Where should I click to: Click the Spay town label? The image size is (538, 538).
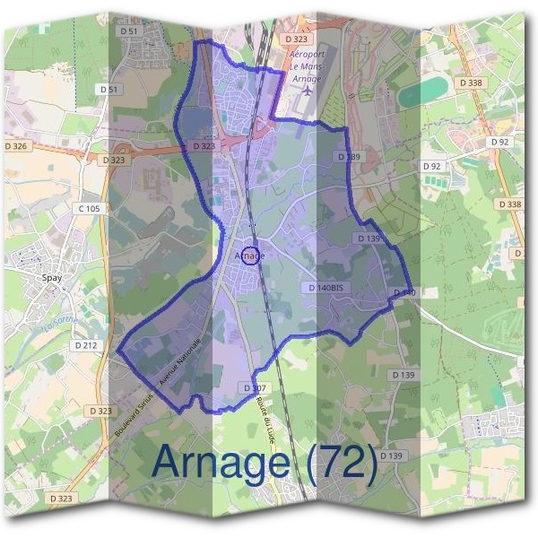coord(52,277)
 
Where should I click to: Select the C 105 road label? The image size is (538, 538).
coord(89,208)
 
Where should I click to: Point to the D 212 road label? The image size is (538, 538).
coord(86,344)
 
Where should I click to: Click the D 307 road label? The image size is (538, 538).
coord(256,387)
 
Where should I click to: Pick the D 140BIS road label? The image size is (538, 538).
coord(325,288)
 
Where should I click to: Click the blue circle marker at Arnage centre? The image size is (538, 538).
coord(252,256)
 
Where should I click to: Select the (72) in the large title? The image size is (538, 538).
coord(342,462)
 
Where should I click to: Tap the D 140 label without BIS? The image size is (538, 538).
coord(403,293)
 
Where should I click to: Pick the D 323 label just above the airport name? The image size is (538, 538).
coord(296,40)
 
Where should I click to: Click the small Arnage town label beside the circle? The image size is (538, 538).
coord(244,256)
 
